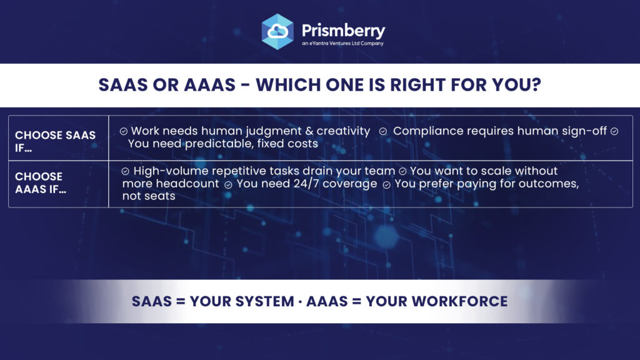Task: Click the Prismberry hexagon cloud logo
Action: pos(277,32)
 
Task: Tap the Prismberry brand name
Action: pos(343,31)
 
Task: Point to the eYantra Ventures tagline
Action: pos(343,43)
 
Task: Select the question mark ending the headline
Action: pos(536,85)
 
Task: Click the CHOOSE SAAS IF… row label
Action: pos(55,141)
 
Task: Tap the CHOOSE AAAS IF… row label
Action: pos(41,182)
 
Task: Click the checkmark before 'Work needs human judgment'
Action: pos(124,131)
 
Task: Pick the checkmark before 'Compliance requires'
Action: pos(383,131)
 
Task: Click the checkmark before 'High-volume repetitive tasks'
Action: pos(125,171)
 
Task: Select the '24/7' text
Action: pos(306,184)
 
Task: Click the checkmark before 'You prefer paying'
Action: pos(386,185)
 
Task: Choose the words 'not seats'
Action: pos(149,196)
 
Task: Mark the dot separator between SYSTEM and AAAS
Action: pos(300,302)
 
